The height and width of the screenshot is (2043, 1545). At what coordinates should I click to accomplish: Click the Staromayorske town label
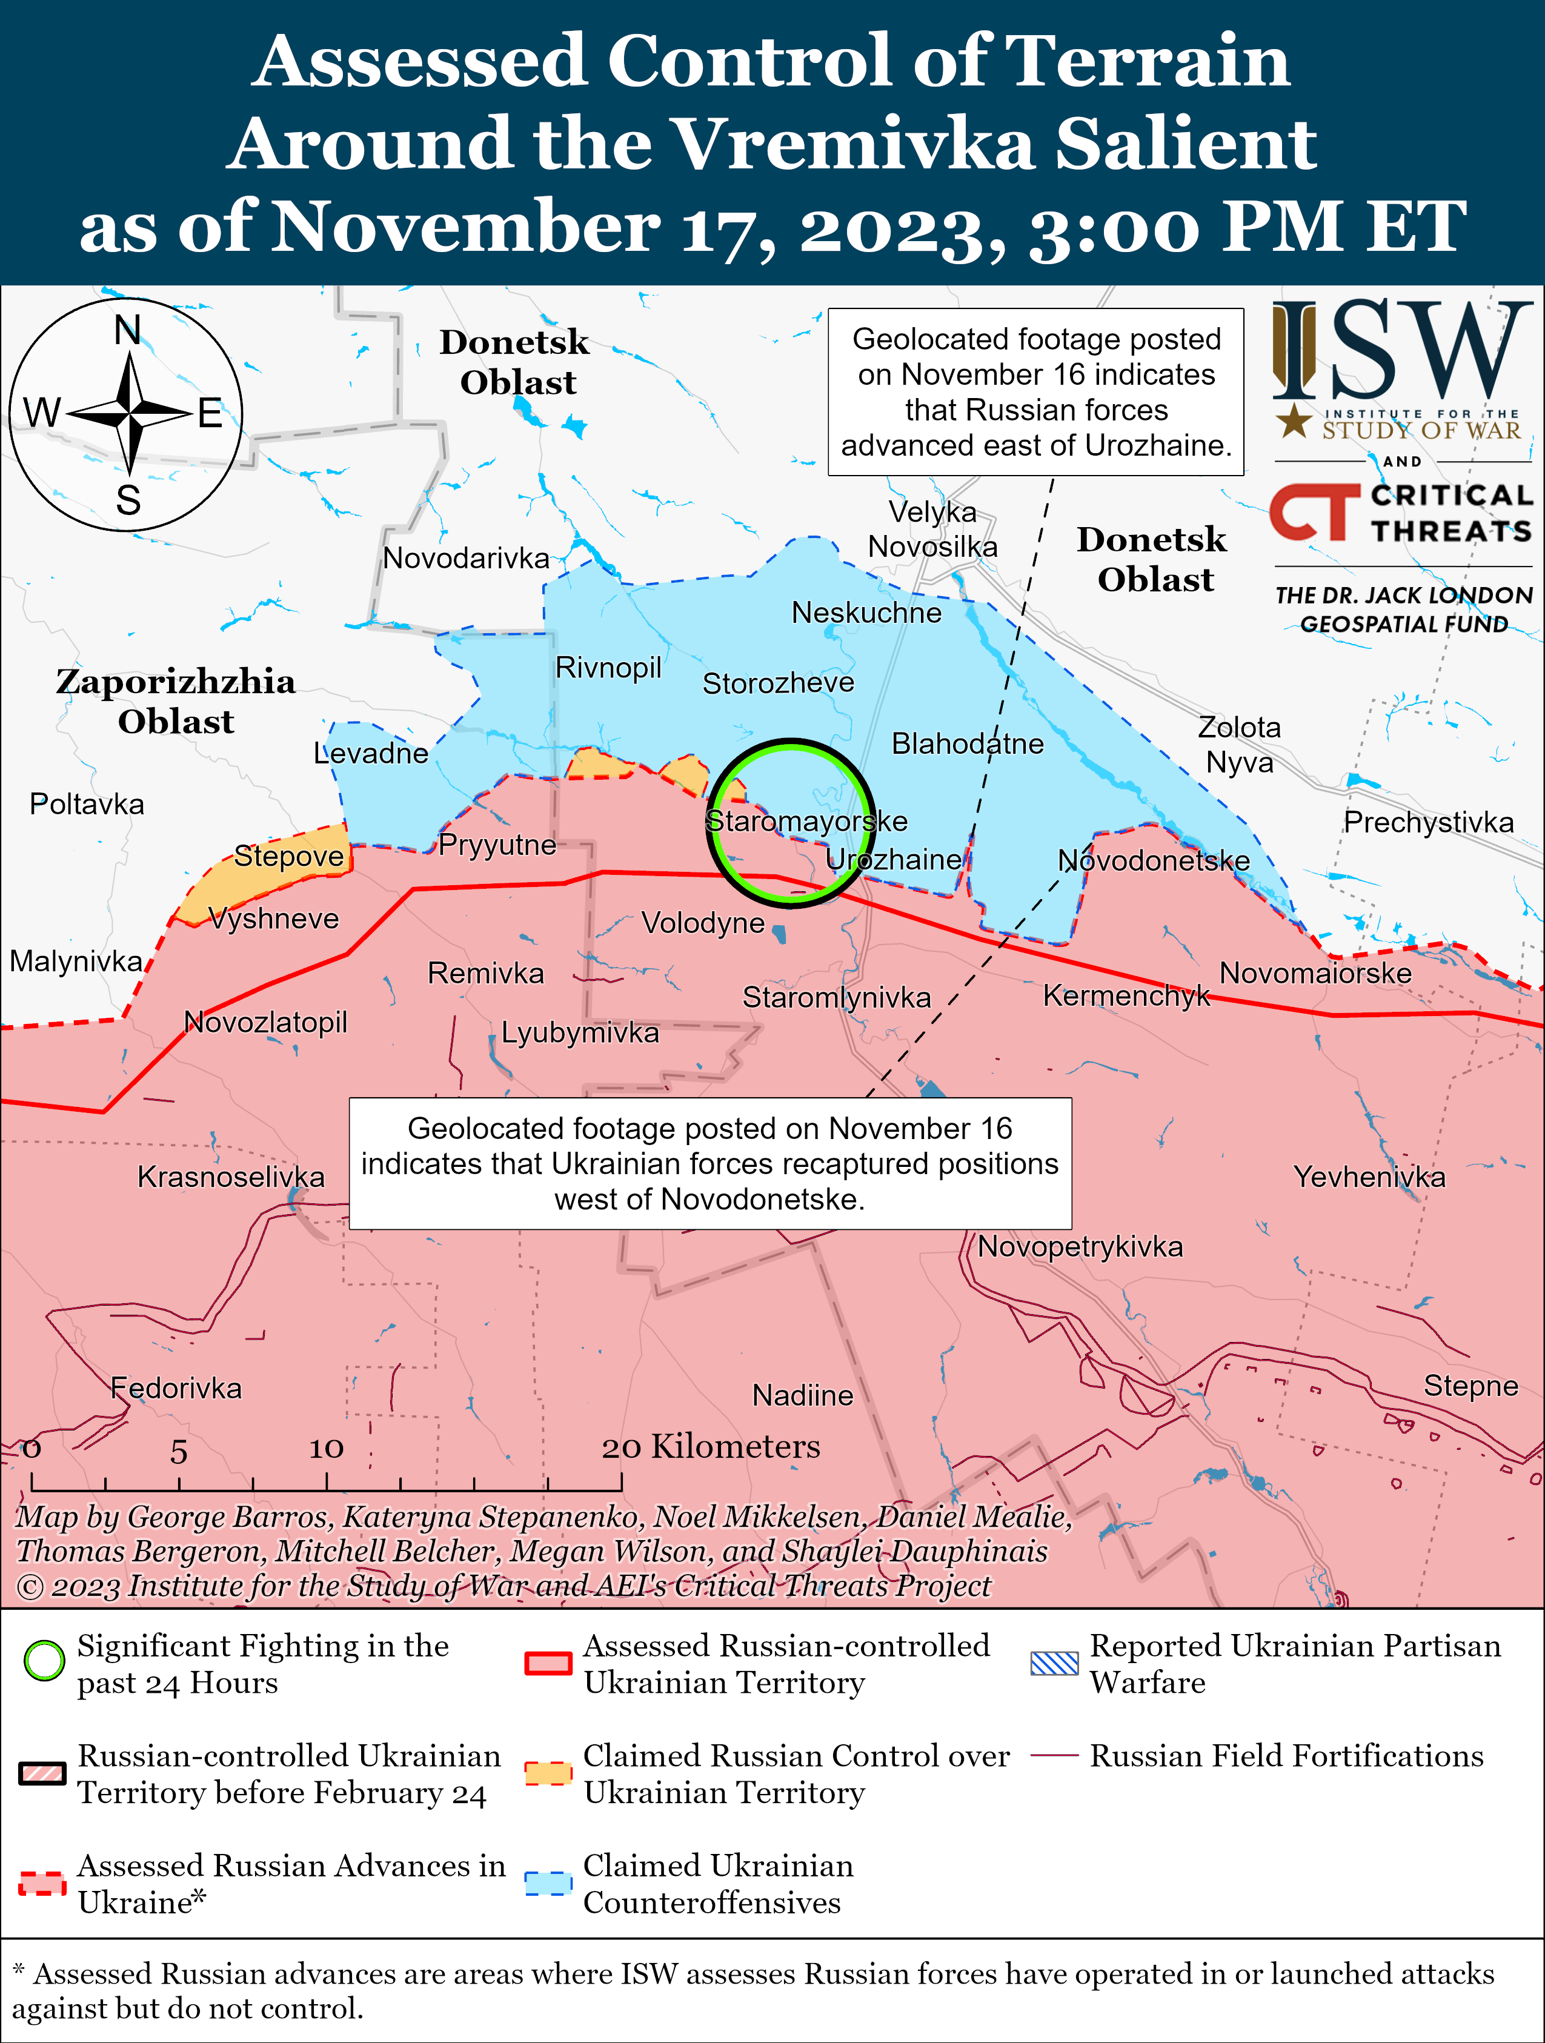coord(806,821)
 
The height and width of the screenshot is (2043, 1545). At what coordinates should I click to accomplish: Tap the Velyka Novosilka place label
coord(932,529)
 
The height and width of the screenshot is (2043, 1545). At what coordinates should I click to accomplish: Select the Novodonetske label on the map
coord(1154,861)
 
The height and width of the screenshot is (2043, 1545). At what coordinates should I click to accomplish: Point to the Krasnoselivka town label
coord(231,1177)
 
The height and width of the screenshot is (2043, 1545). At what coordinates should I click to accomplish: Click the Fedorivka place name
coord(176,1388)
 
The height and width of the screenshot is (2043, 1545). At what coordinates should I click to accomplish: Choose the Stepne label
coord(1470,1386)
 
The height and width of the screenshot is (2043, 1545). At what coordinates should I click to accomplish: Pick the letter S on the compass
coord(128,500)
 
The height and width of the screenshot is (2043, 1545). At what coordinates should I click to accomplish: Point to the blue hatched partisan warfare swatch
coord(1054,1663)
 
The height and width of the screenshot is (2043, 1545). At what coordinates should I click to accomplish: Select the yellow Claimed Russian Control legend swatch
coord(548,1773)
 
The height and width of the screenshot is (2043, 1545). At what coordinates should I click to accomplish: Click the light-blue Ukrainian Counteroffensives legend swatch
coord(548,1883)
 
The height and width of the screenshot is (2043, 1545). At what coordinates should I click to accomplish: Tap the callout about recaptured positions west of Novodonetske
coord(709,1164)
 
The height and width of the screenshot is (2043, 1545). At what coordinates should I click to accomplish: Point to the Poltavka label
coord(87,805)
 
